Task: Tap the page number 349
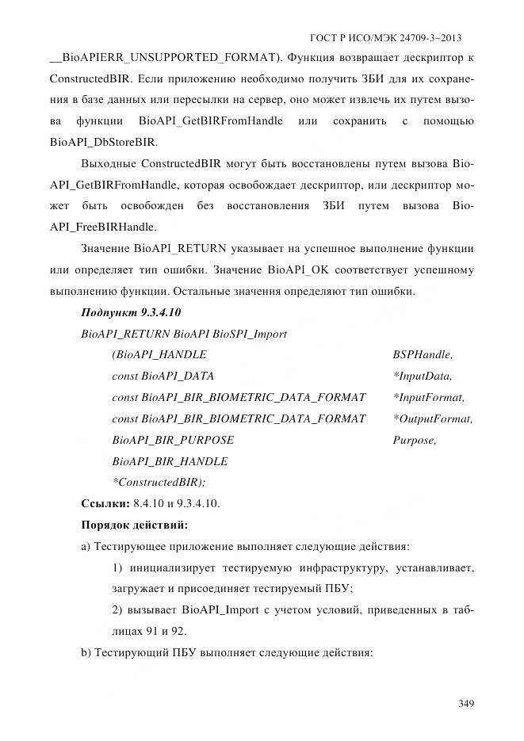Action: (x=465, y=704)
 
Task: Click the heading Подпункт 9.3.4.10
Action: (x=131, y=312)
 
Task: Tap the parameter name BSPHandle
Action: (x=423, y=355)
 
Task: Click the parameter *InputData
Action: (x=422, y=376)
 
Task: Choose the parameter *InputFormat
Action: (x=429, y=397)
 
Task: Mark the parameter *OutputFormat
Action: (x=433, y=418)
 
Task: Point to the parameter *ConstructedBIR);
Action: (x=159, y=482)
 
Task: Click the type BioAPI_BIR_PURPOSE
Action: (x=173, y=440)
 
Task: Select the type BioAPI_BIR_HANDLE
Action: (x=170, y=461)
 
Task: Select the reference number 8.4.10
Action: (x=149, y=503)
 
